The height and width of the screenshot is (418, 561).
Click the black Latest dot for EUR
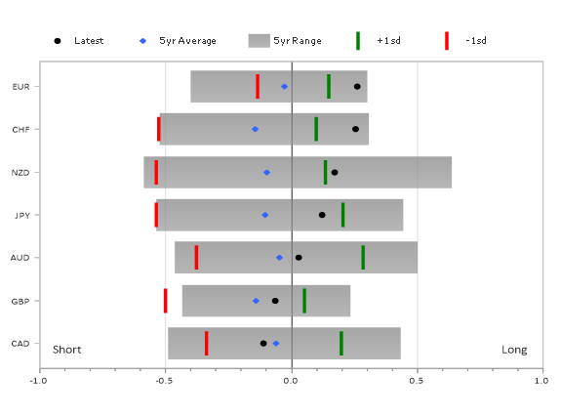(357, 86)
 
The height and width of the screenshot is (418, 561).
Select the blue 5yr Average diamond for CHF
(255, 129)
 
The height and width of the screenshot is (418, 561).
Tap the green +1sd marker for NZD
(325, 172)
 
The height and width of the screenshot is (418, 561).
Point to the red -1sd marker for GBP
(165, 301)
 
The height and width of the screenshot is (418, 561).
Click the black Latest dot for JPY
(322, 215)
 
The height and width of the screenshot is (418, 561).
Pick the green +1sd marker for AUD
(363, 257)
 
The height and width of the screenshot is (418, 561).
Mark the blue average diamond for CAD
(276, 344)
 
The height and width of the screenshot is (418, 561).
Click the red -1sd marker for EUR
(258, 86)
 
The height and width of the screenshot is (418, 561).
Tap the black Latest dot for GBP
(275, 301)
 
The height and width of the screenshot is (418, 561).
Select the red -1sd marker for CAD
(207, 344)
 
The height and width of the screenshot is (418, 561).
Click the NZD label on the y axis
(20, 173)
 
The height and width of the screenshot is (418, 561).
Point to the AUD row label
(20, 258)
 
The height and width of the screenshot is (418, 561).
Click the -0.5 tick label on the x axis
(164, 380)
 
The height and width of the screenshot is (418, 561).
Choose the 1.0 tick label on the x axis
(541, 380)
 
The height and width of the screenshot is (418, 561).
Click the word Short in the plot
(67, 350)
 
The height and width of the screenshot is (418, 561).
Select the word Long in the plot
(514, 350)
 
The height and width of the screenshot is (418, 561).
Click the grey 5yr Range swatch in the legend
(259, 41)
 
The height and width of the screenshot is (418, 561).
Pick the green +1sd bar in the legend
(358, 41)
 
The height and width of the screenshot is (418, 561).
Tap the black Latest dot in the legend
(58, 41)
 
